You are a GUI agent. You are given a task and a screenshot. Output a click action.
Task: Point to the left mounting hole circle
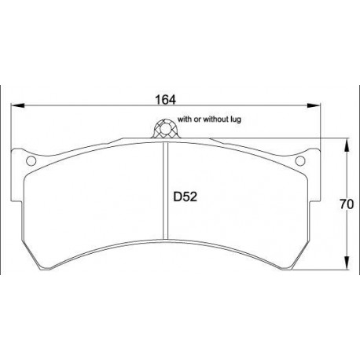[x=31, y=163]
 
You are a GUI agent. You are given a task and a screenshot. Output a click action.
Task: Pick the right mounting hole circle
[x=299, y=162]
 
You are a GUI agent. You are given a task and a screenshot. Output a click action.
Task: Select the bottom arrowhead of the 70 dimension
[x=347, y=266]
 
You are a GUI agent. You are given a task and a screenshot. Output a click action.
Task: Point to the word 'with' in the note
[x=185, y=119]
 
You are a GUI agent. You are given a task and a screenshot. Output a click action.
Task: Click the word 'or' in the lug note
[x=199, y=119]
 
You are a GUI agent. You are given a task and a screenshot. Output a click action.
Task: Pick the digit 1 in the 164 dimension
[x=156, y=100]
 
